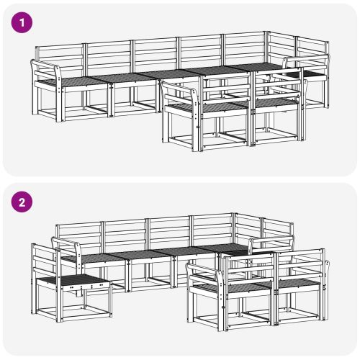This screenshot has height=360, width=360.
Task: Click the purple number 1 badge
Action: [23, 22]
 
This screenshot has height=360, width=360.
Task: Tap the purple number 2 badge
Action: [23, 202]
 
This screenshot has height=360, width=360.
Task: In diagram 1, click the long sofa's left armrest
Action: [45, 68]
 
